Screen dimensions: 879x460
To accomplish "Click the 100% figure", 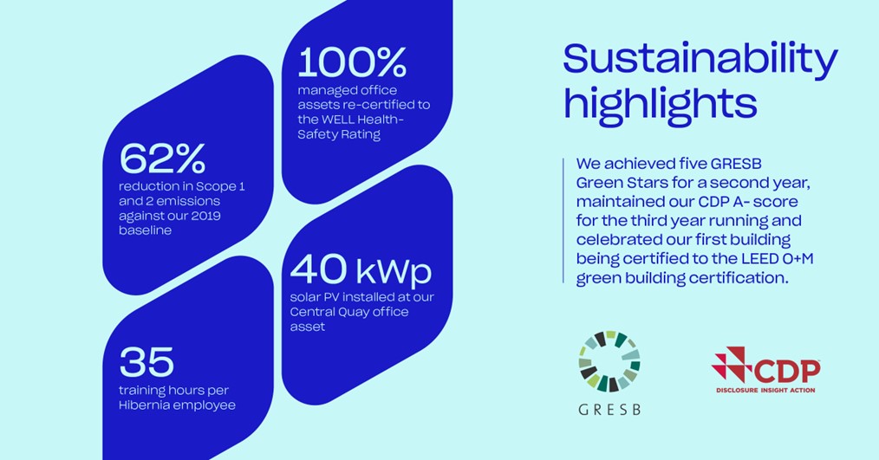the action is (352, 62).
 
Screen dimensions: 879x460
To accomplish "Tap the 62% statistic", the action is (163, 159).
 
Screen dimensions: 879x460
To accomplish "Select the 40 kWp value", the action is (361, 269).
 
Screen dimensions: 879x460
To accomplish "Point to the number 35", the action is (146, 362).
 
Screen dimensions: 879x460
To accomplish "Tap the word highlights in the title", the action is (660, 104).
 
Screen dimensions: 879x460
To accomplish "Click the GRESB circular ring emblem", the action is (609, 361).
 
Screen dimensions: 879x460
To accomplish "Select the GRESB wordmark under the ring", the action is (609, 409).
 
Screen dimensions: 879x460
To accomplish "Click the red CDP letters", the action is (787, 371).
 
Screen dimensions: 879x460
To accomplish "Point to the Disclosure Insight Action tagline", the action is (765, 390).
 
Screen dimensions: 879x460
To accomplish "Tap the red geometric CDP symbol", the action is (732, 364).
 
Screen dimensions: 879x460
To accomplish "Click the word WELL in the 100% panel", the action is (336, 120).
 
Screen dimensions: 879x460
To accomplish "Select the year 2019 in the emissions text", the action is (205, 216).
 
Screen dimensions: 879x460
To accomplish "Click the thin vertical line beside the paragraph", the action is (563, 221).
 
